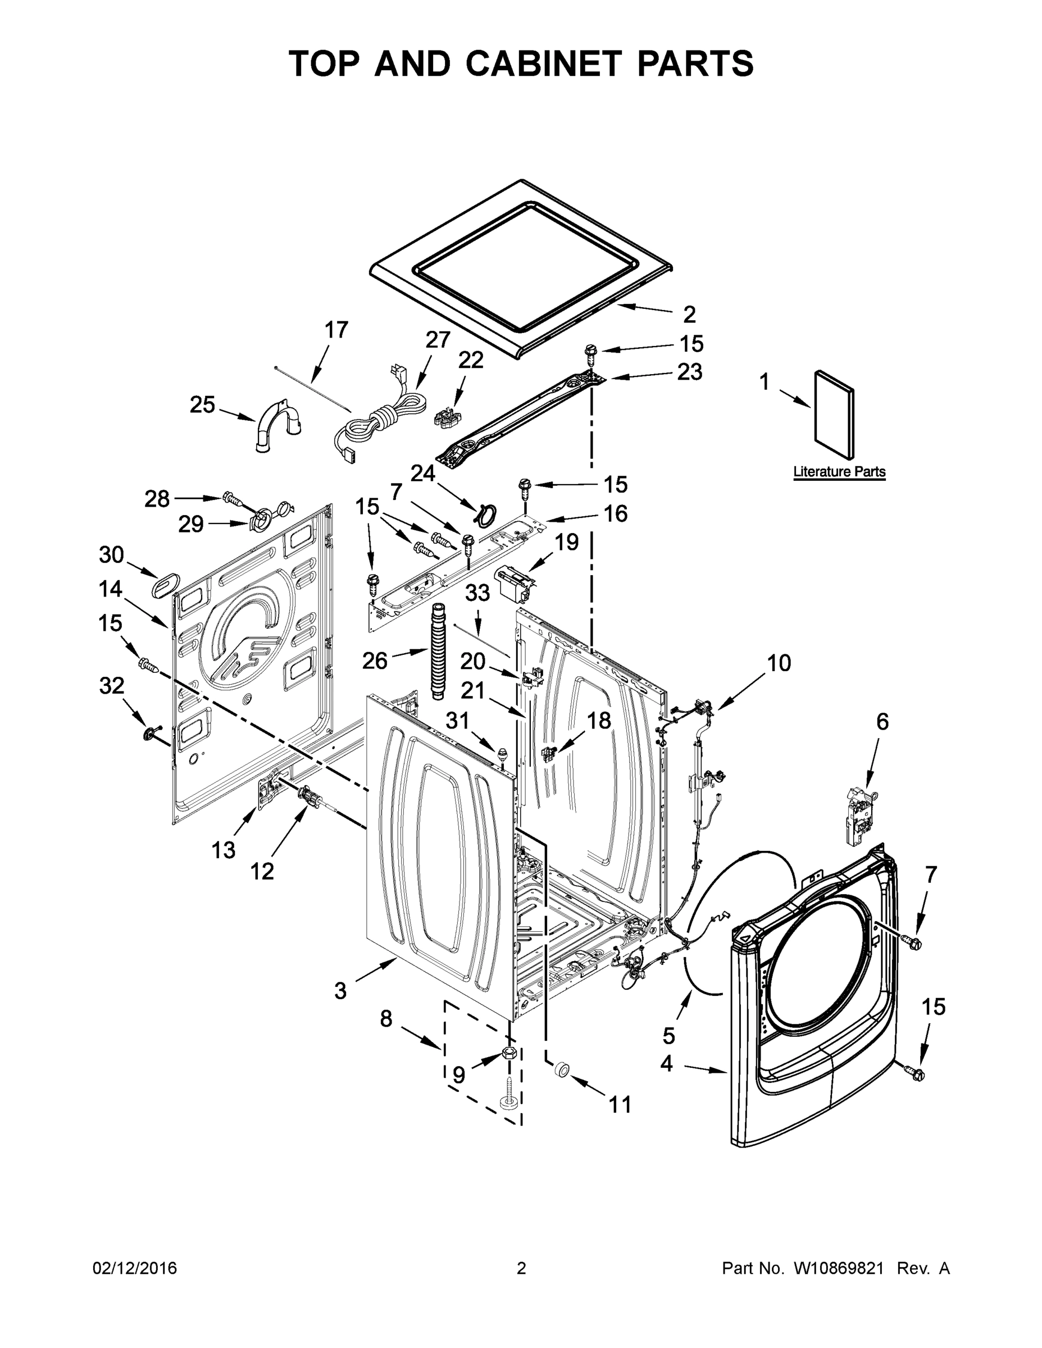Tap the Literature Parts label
(x=839, y=472)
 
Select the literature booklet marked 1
(x=835, y=417)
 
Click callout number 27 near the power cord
(x=438, y=339)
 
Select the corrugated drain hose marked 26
(x=437, y=651)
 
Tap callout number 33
(x=476, y=593)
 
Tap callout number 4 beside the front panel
(x=666, y=1063)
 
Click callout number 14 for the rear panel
(x=111, y=589)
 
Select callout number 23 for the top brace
(x=690, y=372)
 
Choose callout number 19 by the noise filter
(x=566, y=542)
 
